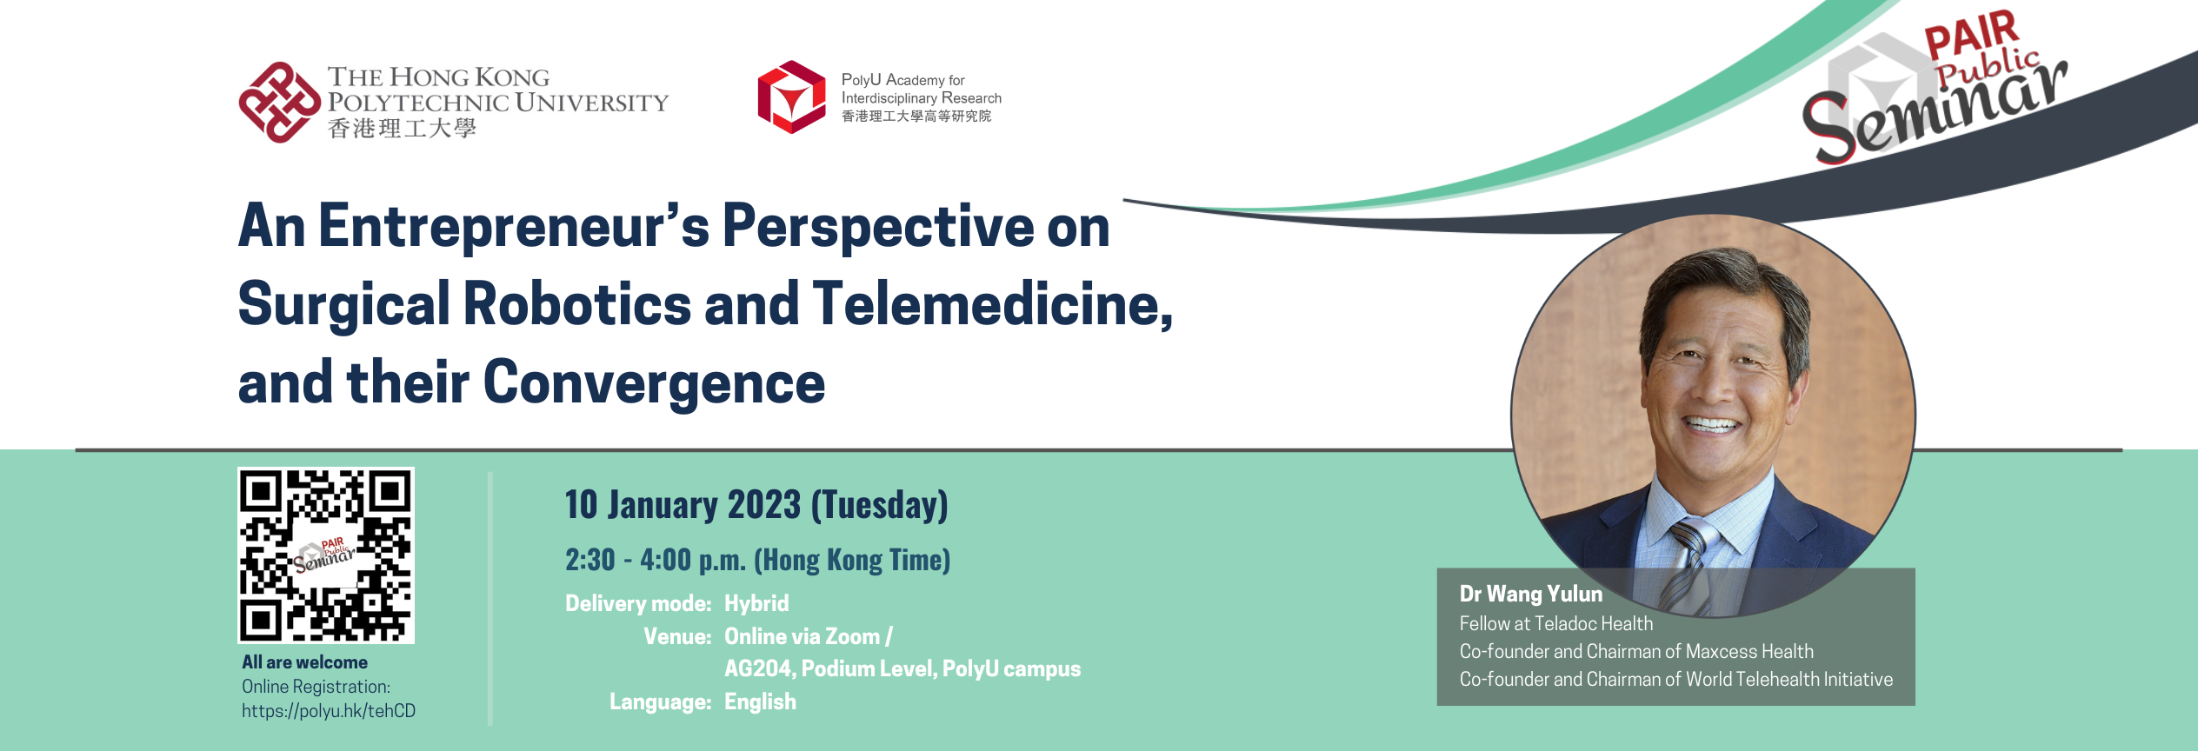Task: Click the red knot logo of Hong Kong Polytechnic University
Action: click(x=280, y=103)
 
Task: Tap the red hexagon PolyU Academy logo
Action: click(x=791, y=96)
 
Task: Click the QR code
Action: click(x=326, y=555)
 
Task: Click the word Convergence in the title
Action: click(x=654, y=383)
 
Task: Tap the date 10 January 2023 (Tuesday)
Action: click(x=756, y=505)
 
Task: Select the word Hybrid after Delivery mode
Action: click(x=756, y=604)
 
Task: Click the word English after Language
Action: click(x=760, y=701)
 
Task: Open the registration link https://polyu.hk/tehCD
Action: click(x=329, y=711)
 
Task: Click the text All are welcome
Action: click(x=304, y=662)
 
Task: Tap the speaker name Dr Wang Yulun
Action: click(x=1530, y=594)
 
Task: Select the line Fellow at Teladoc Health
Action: click(x=1556, y=623)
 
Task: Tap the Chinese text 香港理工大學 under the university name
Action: click(x=402, y=129)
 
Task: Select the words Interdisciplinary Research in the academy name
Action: click(x=922, y=98)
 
